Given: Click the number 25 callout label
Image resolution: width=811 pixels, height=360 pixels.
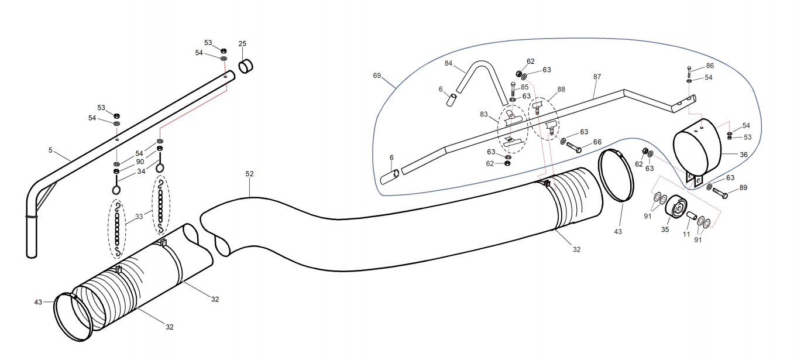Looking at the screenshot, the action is (x=242, y=44).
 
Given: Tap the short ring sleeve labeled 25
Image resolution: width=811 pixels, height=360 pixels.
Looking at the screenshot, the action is (x=246, y=66).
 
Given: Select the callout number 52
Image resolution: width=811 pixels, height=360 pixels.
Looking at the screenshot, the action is (x=249, y=174).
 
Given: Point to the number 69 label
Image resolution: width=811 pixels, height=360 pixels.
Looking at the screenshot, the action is (x=377, y=76).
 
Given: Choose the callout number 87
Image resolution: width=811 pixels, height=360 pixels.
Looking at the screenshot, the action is (x=597, y=77).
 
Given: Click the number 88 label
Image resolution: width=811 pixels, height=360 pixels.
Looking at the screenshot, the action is (x=561, y=89).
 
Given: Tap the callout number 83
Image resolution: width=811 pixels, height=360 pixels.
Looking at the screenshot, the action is (x=484, y=114).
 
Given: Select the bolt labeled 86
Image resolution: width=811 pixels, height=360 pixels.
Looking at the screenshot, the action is (x=689, y=72).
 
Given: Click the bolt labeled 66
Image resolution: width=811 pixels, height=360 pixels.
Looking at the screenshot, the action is (x=574, y=147).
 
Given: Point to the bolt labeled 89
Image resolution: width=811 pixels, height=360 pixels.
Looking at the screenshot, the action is (x=720, y=193).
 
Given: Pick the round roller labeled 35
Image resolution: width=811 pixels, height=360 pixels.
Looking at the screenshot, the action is (x=675, y=207).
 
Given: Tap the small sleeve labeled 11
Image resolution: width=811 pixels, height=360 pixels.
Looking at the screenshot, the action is (x=691, y=215).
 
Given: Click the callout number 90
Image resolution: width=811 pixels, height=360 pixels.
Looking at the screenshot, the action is (x=140, y=162).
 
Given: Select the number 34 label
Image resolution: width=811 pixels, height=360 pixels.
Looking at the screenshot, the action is (x=141, y=172).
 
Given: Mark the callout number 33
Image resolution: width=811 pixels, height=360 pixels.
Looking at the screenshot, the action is (x=139, y=217).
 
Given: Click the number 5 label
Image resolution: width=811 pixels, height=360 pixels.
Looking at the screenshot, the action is (x=50, y=150).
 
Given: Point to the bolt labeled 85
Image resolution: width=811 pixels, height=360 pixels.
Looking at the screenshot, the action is (x=513, y=89).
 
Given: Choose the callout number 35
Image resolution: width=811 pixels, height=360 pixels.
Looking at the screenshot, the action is (x=665, y=229).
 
